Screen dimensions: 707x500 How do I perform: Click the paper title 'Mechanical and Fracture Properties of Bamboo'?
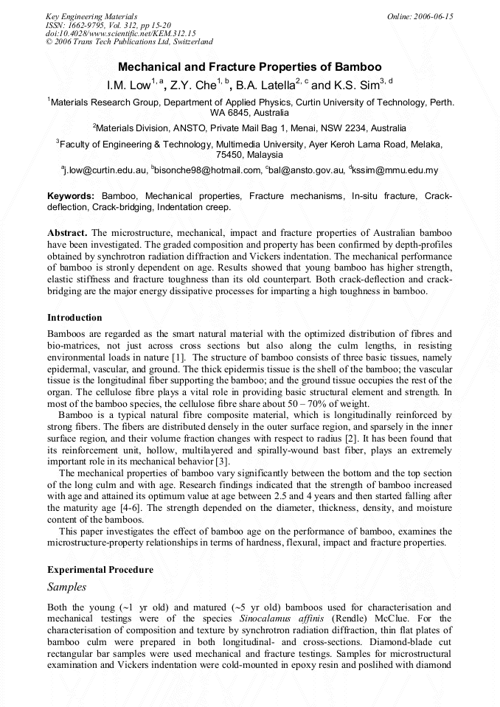click(250, 66)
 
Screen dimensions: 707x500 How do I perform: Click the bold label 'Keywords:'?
click(71, 196)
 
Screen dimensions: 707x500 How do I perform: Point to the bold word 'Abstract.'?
click(68, 233)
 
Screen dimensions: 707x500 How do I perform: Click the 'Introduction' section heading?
click(74, 318)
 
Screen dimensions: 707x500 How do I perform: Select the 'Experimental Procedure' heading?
click(100, 570)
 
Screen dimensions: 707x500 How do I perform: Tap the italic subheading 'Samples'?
click(67, 588)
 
